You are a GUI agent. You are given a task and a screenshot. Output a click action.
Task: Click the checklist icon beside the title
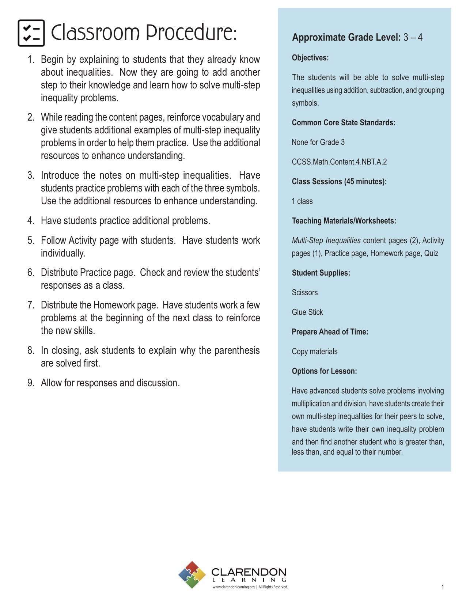pyautogui.click(x=31, y=33)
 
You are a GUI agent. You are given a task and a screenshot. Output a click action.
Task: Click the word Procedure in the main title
pyautogui.click(x=192, y=33)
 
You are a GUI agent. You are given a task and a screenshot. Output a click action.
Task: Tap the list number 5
pyautogui.click(x=31, y=240)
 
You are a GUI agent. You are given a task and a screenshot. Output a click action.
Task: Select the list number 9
pyautogui.click(x=31, y=383)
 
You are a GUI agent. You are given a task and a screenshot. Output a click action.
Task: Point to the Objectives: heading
pyautogui.click(x=310, y=58)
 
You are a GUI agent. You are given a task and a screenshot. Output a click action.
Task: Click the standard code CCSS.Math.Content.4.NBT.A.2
pyautogui.click(x=339, y=162)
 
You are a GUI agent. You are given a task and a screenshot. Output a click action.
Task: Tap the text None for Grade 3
pyautogui.click(x=318, y=142)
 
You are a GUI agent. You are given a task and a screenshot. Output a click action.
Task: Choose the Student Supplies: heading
pyautogui.click(x=321, y=273)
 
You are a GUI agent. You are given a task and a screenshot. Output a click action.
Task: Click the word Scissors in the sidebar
pyautogui.click(x=304, y=293)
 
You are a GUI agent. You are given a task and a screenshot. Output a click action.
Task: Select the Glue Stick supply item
pyautogui.click(x=307, y=312)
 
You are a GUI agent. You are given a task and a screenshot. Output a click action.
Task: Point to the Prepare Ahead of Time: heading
pyautogui.click(x=330, y=332)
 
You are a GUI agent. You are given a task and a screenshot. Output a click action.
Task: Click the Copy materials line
pyautogui.click(x=314, y=352)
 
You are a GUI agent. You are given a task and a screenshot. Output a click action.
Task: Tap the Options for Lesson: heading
pyautogui.click(x=324, y=371)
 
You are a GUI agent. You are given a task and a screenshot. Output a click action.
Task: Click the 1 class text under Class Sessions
pyautogui.click(x=302, y=201)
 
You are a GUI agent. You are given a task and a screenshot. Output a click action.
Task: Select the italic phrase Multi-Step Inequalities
pyautogui.click(x=326, y=240)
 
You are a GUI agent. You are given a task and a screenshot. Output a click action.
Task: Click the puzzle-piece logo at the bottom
pyautogui.click(x=192, y=575)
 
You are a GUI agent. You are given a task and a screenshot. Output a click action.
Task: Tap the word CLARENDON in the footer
pyautogui.click(x=249, y=572)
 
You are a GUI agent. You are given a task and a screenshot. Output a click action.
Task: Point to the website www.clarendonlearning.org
pyautogui.click(x=233, y=587)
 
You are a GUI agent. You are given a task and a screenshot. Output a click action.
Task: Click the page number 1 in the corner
pyautogui.click(x=442, y=587)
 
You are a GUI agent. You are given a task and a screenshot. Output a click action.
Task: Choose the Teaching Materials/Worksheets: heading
pyautogui.click(x=344, y=221)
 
